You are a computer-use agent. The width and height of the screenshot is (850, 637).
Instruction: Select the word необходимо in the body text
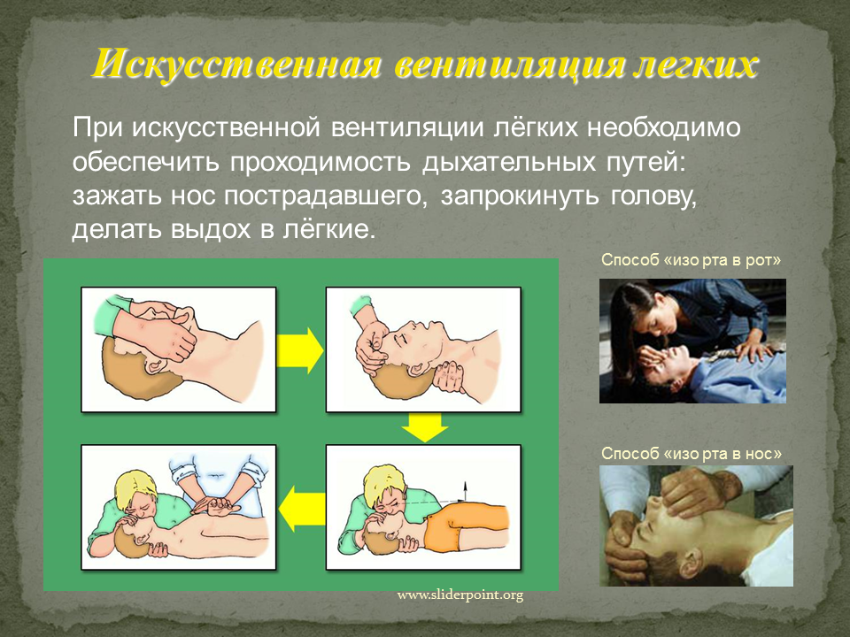click(x=664, y=128)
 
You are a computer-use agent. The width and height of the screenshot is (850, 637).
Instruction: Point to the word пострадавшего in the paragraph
click(x=322, y=197)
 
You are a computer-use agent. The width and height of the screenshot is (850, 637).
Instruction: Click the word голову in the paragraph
click(x=653, y=197)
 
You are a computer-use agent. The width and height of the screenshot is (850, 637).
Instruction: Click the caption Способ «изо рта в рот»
click(x=692, y=260)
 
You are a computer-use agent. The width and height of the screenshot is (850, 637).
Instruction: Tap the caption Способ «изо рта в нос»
click(x=692, y=453)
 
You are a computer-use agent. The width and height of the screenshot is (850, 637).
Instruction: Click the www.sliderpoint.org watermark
click(x=460, y=595)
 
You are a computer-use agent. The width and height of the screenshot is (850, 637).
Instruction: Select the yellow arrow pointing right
click(x=300, y=351)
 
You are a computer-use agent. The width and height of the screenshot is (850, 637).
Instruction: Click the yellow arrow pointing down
click(x=424, y=426)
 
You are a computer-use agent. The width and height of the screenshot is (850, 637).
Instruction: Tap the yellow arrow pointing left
click(x=302, y=508)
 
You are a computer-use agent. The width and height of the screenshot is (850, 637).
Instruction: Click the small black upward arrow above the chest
click(x=463, y=491)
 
